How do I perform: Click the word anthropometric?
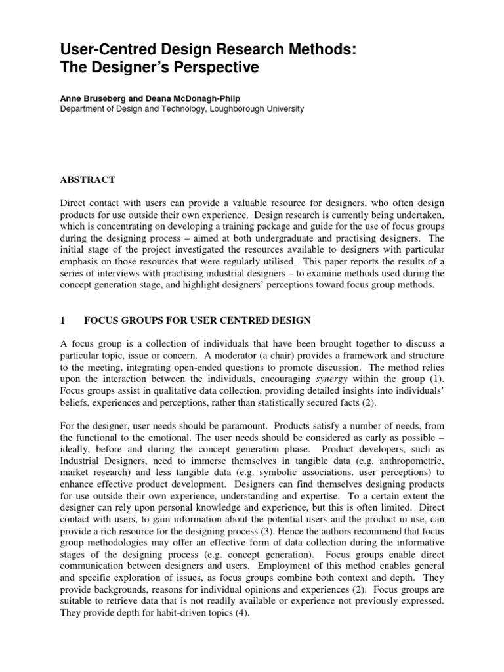(x=399, y=462)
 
